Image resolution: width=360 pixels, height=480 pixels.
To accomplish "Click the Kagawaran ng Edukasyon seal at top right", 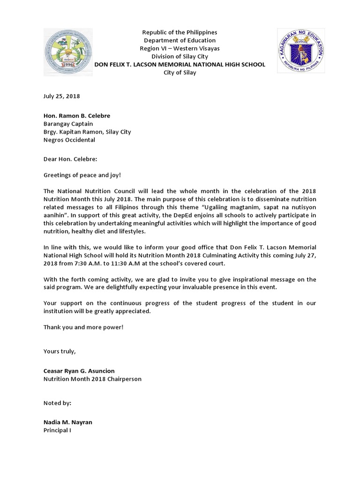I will click(298, 51).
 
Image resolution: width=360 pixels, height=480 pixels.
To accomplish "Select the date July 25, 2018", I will click(61, 96).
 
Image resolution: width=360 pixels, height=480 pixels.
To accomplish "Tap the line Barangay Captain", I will click(68, 124).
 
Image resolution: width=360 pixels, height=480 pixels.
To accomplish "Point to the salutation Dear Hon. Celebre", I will click(70, 159).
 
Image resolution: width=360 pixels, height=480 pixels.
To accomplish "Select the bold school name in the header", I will click(180, 65).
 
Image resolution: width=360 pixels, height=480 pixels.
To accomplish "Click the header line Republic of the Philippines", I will click(180, 32).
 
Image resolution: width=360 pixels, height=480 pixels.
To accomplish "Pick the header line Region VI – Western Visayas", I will click(180, 48).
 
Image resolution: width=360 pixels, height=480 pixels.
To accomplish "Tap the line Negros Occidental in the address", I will click(69, 140).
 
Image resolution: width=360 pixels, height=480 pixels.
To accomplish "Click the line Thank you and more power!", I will click(83, 327).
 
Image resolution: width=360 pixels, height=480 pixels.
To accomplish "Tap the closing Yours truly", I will click(59, 351).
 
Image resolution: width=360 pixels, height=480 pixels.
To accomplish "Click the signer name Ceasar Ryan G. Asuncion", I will click(79, 371).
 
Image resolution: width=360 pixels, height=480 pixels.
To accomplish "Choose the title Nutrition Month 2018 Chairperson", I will click(92, 379).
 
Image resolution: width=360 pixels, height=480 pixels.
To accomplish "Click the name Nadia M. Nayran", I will click(67, 422).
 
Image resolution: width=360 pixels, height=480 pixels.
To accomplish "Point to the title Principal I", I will click(57, 430).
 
